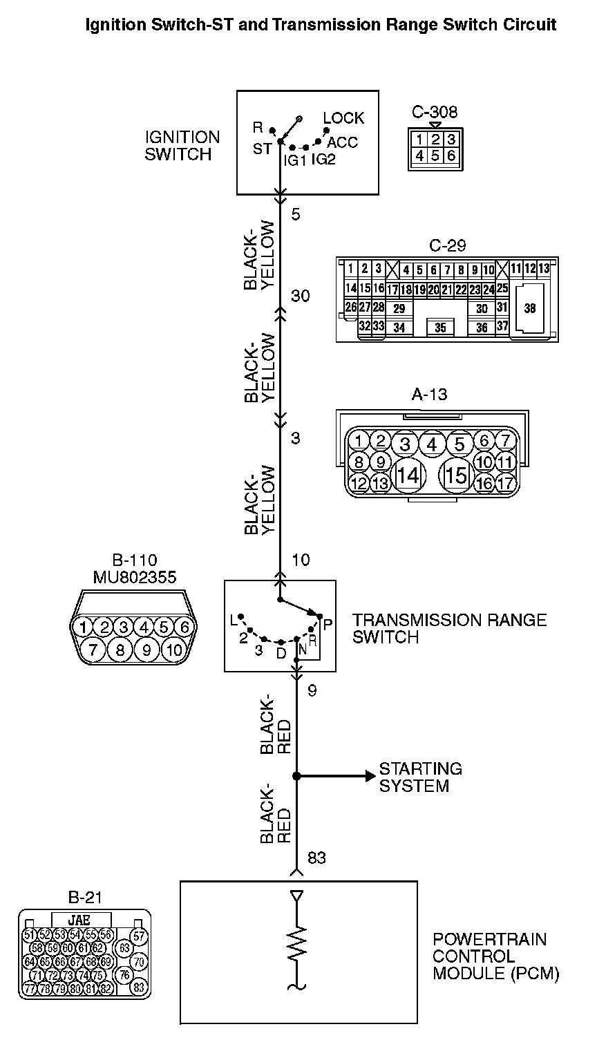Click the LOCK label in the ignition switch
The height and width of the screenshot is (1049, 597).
click(343, 118)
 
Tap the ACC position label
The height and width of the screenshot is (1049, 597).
click(342, 143)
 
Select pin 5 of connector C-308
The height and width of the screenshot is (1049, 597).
click(435, 155)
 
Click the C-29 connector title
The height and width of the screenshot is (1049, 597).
click(448, 245)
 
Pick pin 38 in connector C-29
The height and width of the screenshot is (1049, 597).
click(530, 309)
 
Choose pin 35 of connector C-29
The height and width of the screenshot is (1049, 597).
click(440, 328)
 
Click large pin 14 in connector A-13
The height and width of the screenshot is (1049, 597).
click(408, 475)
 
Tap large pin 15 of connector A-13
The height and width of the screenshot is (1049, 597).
click(456, 475)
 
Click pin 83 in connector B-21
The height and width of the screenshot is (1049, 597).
click(140, 987)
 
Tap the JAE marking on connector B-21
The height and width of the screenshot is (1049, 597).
click(80, 920)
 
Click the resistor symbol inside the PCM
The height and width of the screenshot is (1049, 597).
click(296, 943)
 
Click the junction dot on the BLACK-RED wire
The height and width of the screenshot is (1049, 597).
click(296, 777)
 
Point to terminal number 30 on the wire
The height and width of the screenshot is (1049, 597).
click(301, 296)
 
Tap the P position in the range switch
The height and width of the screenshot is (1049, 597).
click(328, 624)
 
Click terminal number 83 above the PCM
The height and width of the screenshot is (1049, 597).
click(316, 858)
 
